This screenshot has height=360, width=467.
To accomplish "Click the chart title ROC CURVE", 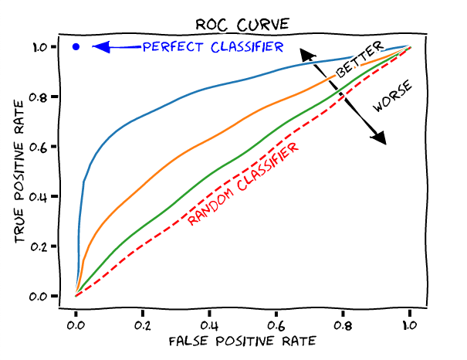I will [242, 24].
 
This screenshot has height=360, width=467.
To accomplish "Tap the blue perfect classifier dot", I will [76, 47].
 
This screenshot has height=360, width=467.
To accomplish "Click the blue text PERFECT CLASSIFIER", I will [212, 47].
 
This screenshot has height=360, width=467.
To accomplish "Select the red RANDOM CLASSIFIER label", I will [243, 185].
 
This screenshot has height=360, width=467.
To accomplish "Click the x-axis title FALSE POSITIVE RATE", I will [242, 340].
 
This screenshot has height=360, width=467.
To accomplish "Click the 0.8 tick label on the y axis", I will [39, 97].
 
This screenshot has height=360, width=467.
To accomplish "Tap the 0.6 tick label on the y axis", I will [39, 147].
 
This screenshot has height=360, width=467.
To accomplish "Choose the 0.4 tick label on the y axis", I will [39, 196].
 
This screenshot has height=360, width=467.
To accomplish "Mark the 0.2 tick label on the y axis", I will [39, 246].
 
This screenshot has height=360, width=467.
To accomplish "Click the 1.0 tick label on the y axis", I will [39, 47].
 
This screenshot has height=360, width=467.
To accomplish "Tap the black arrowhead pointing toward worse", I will [378, 138].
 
